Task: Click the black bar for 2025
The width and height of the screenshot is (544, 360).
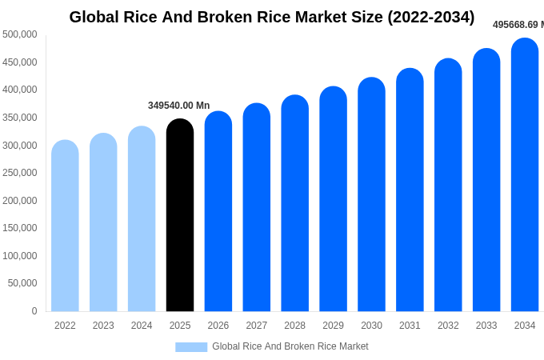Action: (180, 216)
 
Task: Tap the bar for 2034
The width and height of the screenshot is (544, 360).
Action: (525, 175)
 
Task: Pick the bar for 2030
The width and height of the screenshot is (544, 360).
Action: (371, 195)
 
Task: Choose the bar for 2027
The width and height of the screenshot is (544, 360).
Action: (257, 208)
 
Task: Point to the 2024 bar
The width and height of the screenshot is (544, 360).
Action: (142, 219)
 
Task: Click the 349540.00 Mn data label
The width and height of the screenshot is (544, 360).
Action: (178, 106)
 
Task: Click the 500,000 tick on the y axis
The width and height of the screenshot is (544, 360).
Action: (20, 34)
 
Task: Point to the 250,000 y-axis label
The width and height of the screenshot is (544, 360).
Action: (20, 173)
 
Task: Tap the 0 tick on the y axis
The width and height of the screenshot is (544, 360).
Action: (34, 311)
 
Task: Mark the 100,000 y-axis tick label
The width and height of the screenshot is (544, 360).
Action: (20, 256)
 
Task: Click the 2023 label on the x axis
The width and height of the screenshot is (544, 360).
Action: (103, 326)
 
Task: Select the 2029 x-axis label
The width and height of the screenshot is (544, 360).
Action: (333, 326)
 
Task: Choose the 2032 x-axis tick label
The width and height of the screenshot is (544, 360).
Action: (448, 326)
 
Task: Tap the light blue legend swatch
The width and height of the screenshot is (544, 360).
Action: (191, 347)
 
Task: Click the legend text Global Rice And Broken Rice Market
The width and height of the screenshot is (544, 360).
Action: (290, 346)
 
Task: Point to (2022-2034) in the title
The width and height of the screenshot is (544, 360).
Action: (430, 17)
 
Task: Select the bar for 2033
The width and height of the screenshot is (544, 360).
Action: (486, 180)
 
